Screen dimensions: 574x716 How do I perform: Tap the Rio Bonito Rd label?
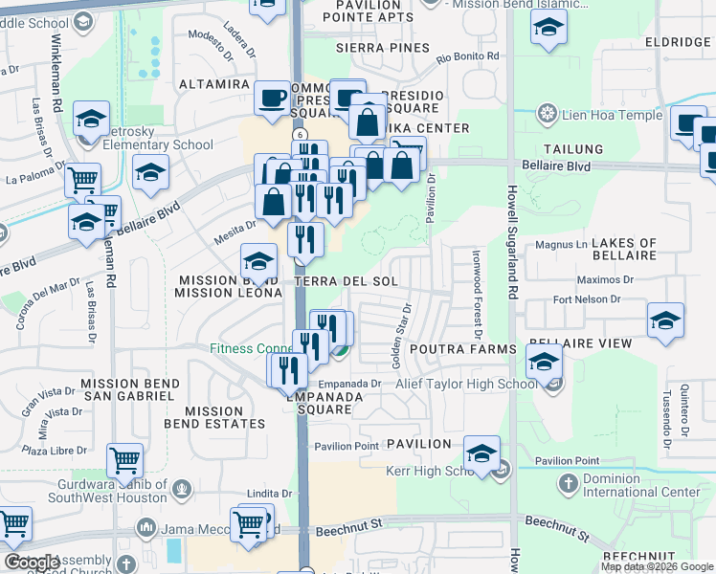pyautogui.click(x=468, y=57)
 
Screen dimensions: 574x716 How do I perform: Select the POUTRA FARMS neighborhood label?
pyautogui.click(x=450, y=350)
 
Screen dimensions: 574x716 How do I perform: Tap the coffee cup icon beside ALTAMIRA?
pyautogui.click(x=272, y=98)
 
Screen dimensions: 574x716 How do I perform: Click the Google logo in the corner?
pyautogui.click(x=32, y=563)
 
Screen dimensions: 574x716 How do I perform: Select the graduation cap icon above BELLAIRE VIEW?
pyautogui.click(x=665, y=320)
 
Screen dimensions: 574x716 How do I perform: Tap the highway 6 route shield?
pyautogui.click(x=301, y=135)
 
